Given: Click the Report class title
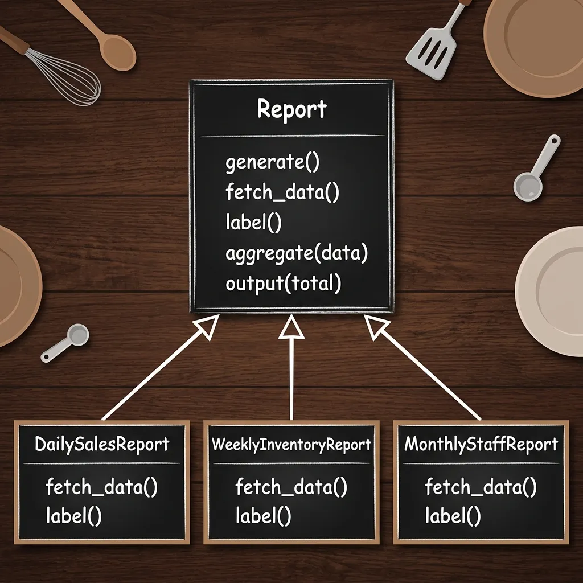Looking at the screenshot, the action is coord(292,109).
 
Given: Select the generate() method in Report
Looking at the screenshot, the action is coord(273,162).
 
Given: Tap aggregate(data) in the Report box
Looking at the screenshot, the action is coord(297,253).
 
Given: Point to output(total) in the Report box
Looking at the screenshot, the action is coord(284,284).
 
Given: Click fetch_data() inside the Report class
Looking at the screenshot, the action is coord(282,192).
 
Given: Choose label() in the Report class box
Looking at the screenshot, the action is coord(253,223).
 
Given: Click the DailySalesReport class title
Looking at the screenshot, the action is coord(102,444).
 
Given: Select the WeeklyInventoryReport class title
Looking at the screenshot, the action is coord(291,445).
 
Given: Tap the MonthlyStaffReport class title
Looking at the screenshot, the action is coord(481,444).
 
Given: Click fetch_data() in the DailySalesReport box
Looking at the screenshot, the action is coord(102,486).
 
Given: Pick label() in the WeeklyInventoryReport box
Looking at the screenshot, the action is coord(264,516).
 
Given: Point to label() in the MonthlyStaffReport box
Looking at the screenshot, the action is coord(453,516).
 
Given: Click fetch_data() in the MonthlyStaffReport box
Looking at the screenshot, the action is coord(481,486).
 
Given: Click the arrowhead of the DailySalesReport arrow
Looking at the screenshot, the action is coord(208,326).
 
